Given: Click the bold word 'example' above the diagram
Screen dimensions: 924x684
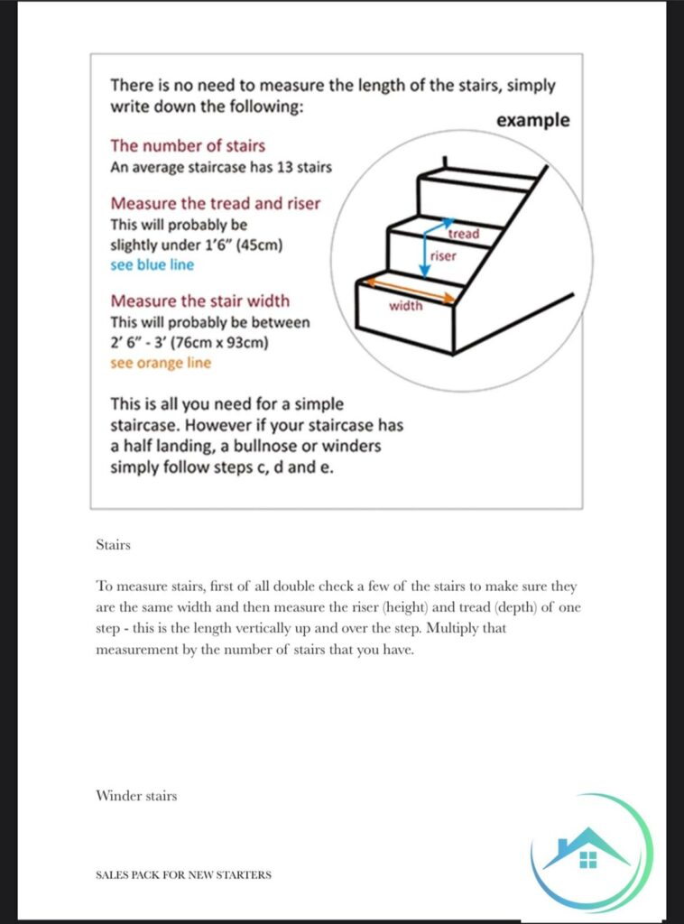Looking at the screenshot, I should point(533,120).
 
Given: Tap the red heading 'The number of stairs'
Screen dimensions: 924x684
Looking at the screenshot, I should point(188,145).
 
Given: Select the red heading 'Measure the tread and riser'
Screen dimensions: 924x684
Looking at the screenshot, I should point(215,203).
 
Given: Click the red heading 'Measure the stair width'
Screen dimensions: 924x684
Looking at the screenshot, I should point(199,300).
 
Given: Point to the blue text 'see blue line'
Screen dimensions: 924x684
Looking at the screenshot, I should point(152,264).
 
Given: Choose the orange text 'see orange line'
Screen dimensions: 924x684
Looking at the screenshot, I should point(161,363).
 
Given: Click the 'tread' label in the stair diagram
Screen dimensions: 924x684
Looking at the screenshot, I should point(464,234).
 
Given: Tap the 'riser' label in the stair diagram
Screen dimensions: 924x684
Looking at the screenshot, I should point(444,255).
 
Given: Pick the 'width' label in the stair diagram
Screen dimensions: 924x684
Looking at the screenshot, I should point(405,306).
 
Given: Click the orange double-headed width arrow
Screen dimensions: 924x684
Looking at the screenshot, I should point(407,290).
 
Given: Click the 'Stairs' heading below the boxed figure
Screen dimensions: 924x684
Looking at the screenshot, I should point(113,545).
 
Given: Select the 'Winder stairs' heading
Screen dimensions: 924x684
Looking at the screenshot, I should point(136,796).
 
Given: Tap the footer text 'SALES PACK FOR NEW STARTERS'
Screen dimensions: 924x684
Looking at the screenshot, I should point(183,874).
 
